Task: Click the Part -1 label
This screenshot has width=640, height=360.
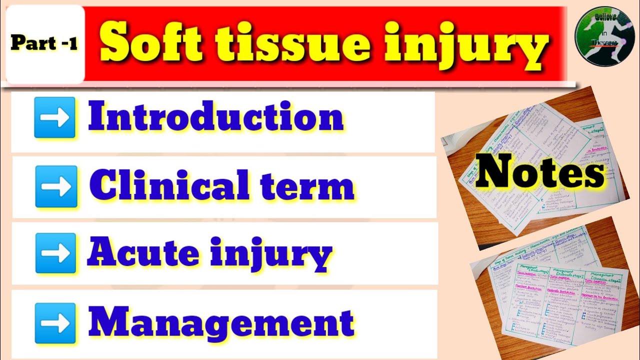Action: tap(44, 43)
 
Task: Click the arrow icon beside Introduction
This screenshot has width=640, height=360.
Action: tap(55, 118)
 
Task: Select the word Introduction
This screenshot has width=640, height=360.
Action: tap(216, 118)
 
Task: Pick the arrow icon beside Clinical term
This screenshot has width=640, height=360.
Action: tap(56, 186)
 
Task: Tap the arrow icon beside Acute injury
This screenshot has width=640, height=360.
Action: tap(55, 253)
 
